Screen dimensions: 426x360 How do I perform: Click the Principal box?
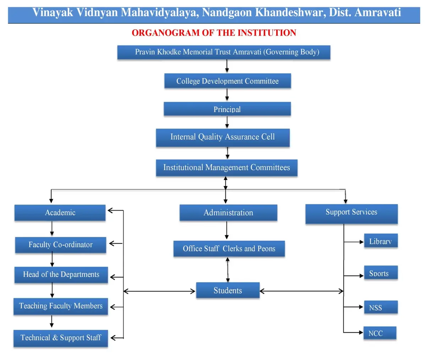(227, 109)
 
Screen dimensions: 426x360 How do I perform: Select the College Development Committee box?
(228, 81)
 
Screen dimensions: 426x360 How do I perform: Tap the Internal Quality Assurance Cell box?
(223, 137)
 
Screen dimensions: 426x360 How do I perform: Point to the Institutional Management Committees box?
(226, 168)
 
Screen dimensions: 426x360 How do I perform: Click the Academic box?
(60, 213)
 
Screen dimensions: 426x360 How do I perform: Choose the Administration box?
(228, 212)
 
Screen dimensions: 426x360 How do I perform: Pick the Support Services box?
(351, 214)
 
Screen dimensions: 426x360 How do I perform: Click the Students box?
(228, 290)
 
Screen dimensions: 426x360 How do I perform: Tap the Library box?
(381, 240)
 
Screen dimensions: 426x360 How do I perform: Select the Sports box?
(381, 272)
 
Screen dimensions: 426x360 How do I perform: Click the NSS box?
(381, 307)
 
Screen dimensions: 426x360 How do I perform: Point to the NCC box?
(380, 333)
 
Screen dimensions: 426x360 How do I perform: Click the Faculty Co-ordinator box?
(61, 245)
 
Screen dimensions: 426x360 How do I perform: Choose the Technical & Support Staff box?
(61, 338)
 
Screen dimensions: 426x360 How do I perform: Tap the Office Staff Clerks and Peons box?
(229, 249)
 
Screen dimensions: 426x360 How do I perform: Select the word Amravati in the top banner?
(378, 12)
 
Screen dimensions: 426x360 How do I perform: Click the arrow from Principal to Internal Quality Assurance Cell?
(227, 122)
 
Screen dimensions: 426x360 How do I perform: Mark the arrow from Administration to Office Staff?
(227, 230)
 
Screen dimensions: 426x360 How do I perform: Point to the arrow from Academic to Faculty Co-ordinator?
(52, 229)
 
